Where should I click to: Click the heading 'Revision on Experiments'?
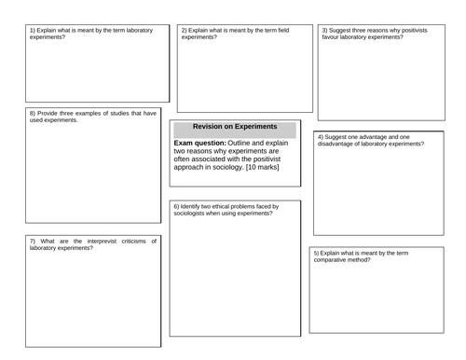234,127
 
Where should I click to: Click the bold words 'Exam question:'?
199,142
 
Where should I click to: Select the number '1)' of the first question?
33,30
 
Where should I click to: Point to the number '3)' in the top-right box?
322,30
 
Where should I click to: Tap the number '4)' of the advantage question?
321,137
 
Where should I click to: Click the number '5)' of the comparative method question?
317,254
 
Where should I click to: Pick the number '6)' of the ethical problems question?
177,205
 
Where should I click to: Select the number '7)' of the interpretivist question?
34,240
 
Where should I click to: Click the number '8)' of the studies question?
33,113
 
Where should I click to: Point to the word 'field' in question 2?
281,30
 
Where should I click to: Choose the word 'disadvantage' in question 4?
337,144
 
